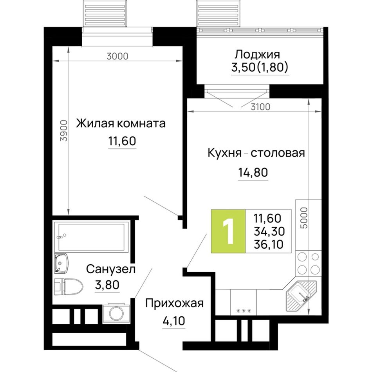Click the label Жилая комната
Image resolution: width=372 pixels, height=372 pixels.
point(121,124)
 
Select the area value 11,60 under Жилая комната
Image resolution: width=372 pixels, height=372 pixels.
point(122,141)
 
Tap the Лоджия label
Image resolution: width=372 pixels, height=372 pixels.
point(257,54)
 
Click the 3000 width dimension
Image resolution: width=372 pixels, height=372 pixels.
point(117,56)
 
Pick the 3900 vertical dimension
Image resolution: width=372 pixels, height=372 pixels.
point(64,131)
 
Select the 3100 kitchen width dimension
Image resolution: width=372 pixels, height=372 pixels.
point(260,107)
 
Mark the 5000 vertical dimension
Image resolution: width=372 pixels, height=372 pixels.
point(304,218)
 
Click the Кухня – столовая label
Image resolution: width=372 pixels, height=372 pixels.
point(256,153)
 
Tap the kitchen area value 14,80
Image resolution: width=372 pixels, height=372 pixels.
point(253,172)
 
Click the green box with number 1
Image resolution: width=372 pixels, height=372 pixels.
point(228,231)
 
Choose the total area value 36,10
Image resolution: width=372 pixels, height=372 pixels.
point(268,244)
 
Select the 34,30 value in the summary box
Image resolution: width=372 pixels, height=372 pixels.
point(269,231)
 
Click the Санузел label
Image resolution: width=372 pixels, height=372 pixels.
point(110,269)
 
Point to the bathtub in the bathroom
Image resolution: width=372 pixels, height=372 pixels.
point(92,237)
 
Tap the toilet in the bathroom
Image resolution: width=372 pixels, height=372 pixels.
point(69,287)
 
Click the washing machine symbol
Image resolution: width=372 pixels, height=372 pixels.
point(116,313)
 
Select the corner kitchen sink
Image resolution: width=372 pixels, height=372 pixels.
point(301,296)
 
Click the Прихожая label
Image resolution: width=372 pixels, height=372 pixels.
point(174,303)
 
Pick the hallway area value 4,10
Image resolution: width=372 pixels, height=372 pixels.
point(173,321)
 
